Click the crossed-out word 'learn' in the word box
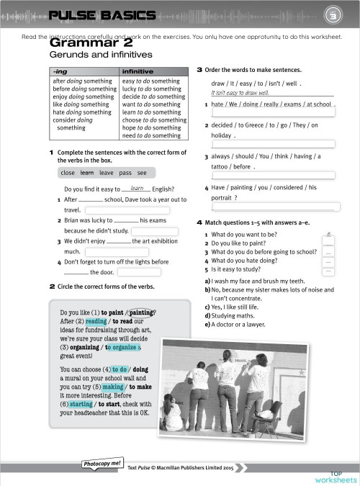(87, 173)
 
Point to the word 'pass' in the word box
(125, 173)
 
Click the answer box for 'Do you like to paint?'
(328, 243)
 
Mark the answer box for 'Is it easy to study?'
(328, 270)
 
